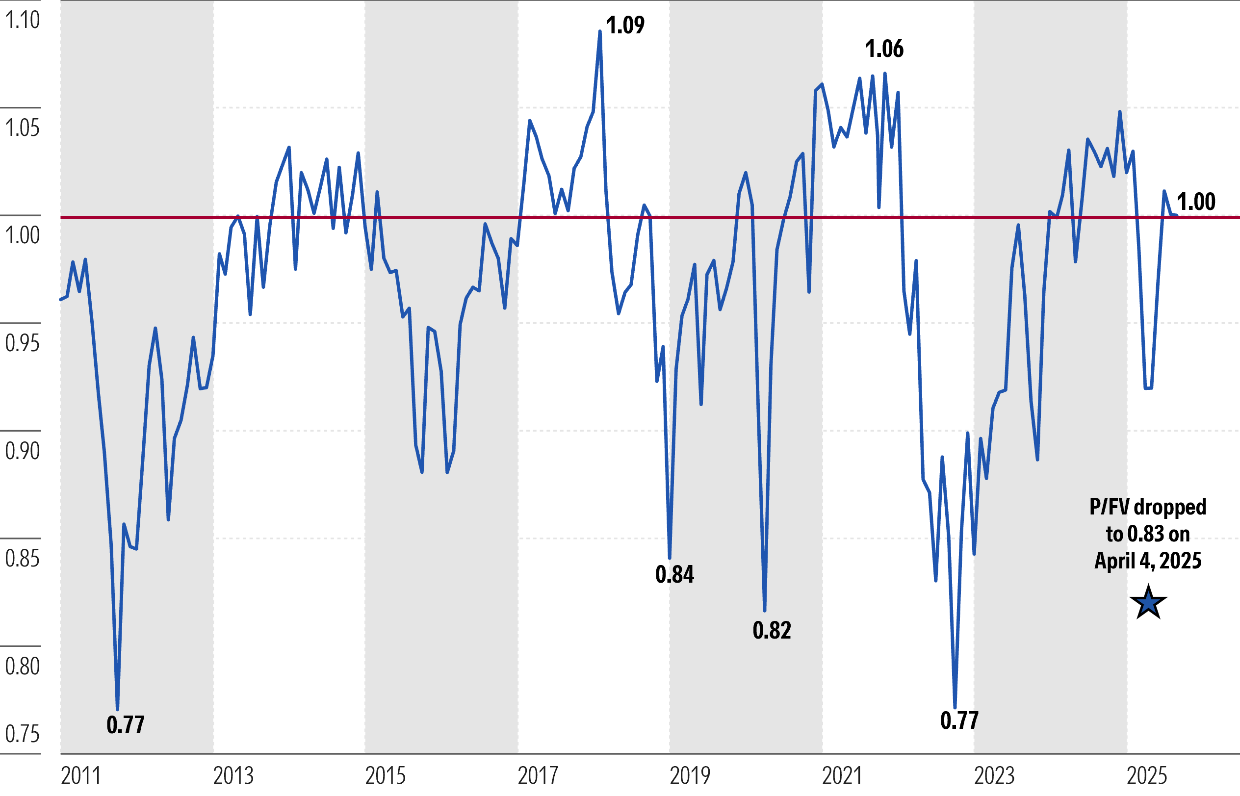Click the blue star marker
[1148, 603]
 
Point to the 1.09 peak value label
[625, 26]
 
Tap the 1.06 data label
[884, 49]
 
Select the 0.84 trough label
[674, 574]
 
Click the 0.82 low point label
[772, 630]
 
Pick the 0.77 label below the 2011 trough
[126, 725]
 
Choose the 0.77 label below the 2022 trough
[959, 720]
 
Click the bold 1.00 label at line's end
[1196, 202]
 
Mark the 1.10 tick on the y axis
[22, 20]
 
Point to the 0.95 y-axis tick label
[22, 343]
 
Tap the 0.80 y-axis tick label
[22, 666]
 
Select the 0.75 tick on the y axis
[22, 734]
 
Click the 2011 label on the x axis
[80, 776]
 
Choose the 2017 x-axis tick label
[538, 776]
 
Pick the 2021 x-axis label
[843, 776]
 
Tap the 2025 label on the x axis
[1147, 776]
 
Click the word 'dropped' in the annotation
[1170, 507]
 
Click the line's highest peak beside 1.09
[599, 32]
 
